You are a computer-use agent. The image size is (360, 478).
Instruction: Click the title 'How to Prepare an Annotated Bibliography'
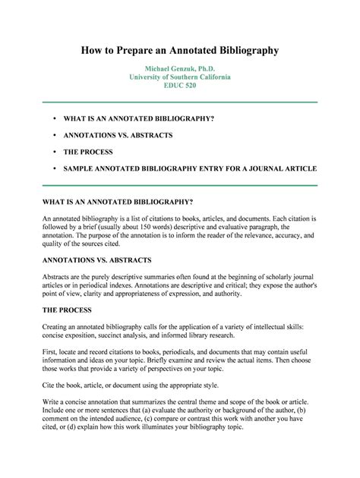click(180, 50)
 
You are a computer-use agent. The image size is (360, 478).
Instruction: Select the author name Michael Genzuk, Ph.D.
click(180, 68)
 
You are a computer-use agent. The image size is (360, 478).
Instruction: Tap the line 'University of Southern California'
click(180, 77)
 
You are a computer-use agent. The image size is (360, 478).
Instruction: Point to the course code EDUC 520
click(180, 86)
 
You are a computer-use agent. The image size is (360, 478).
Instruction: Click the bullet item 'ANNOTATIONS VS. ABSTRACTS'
click(119, 135)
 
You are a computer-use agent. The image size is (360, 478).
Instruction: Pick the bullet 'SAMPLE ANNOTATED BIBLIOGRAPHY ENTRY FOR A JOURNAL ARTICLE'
click(190, 168)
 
